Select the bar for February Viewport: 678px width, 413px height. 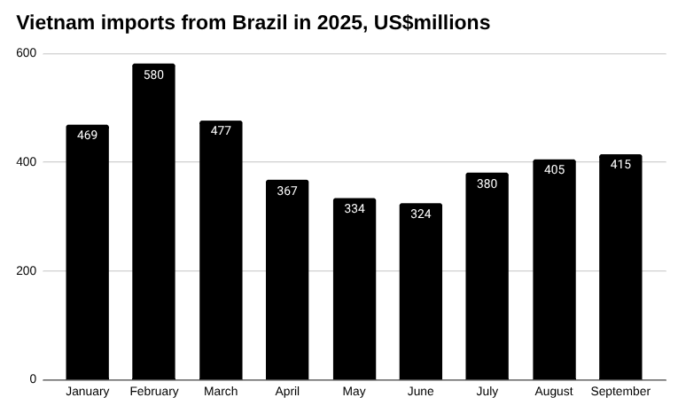[x=153, y=222]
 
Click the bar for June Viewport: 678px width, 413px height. [x=420, y=292]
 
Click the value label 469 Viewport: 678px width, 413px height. [x=87, y=136]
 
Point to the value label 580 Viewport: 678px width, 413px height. [x=153, y=74]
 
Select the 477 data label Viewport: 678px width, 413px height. [x=221, y=130]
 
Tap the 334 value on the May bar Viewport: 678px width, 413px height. [x=354, y=209]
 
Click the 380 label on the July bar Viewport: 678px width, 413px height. [x=487, y=183]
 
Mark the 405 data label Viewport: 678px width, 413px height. [x=554, y=169]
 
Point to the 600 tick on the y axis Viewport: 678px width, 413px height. [x=27, y=53]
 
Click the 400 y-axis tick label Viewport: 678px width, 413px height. [x=27, y=162]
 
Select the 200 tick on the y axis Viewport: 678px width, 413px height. [x=27, y=271]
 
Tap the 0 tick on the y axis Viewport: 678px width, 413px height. [x=33, y=379]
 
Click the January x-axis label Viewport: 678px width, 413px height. [x=87, y=392]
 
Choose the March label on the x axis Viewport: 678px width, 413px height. [x=221, y=392]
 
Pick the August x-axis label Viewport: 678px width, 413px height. [x=554, y=392]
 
